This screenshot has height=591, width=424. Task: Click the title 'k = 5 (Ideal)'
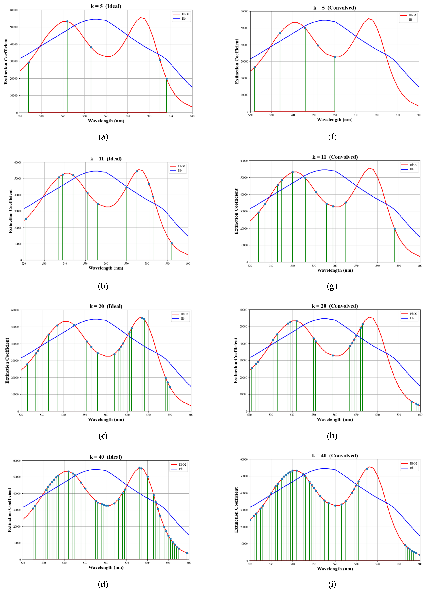point(106,6)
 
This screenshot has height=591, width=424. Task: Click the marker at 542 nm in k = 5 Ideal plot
point(67,21)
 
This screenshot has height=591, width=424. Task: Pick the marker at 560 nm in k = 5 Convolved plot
point(335,57)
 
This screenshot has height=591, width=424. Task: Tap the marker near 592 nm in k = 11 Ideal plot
point(172,243)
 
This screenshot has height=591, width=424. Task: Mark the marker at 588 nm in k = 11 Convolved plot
point(395,229)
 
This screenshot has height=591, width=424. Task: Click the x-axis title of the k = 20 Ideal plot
point(106,419)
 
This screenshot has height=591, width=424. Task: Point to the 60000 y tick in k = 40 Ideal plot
point(17,461)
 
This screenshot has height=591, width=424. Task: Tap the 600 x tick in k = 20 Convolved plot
point(420,415)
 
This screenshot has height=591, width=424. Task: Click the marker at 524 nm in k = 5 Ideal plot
point(28,63)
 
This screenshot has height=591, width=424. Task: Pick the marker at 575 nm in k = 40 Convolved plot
point(367,469)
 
